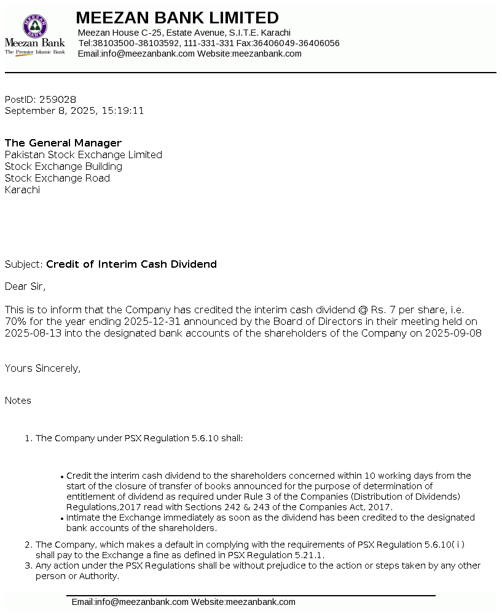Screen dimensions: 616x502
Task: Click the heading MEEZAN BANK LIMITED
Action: point(177,18)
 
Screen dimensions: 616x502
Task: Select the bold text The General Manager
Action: point(63,143)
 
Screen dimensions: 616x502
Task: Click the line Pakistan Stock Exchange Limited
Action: point(84,155)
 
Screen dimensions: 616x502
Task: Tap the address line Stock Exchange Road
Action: point(57,178)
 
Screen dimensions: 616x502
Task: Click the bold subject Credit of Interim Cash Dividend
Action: point(131,265)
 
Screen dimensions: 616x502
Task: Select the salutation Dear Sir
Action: point(25,286)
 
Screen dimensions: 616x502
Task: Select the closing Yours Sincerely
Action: point(43,369)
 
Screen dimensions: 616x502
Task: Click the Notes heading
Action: point(18,401)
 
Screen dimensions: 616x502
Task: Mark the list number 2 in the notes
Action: point(28,545)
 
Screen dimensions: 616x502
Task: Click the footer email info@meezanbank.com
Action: point(141,602)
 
